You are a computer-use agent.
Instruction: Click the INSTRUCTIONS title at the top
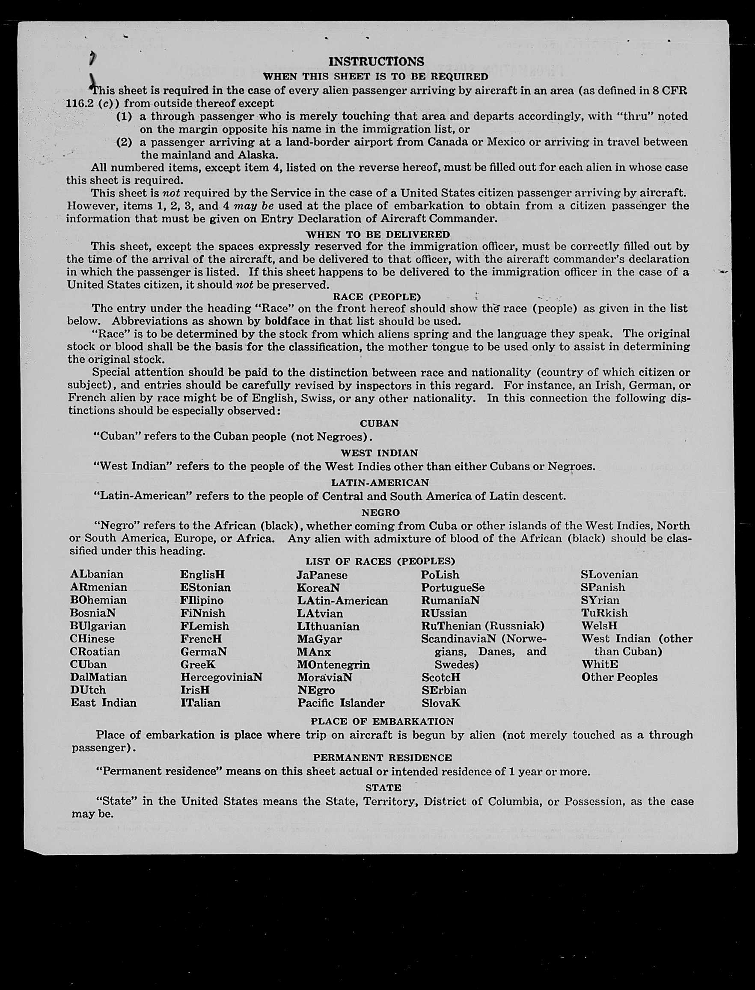click(376, 62)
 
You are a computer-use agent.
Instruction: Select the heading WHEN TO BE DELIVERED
click(377, 234)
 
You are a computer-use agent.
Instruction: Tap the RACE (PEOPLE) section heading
click(377, 296)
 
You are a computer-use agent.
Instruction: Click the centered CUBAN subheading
click(379, 423)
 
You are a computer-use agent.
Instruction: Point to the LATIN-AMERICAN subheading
click(380, 483)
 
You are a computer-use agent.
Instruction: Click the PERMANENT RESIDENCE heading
click(383, 758)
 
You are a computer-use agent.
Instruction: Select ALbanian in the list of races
click(97, 574)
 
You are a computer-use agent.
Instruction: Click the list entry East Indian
click(104, 702)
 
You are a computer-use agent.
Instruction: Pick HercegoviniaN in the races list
click(221, 677)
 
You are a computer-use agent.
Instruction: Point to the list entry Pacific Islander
click(341, 703)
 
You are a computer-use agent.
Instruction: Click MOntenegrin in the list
click(333, 664)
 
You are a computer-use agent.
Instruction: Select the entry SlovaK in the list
click(441, 703)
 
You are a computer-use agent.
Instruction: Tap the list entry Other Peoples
click(619, 677)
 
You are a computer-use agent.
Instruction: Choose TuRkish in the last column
click(604, 613)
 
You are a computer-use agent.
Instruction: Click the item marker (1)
click(124, 116)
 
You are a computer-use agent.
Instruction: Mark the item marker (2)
click(124, 142)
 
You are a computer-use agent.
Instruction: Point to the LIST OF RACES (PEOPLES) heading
click(380, 561)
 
